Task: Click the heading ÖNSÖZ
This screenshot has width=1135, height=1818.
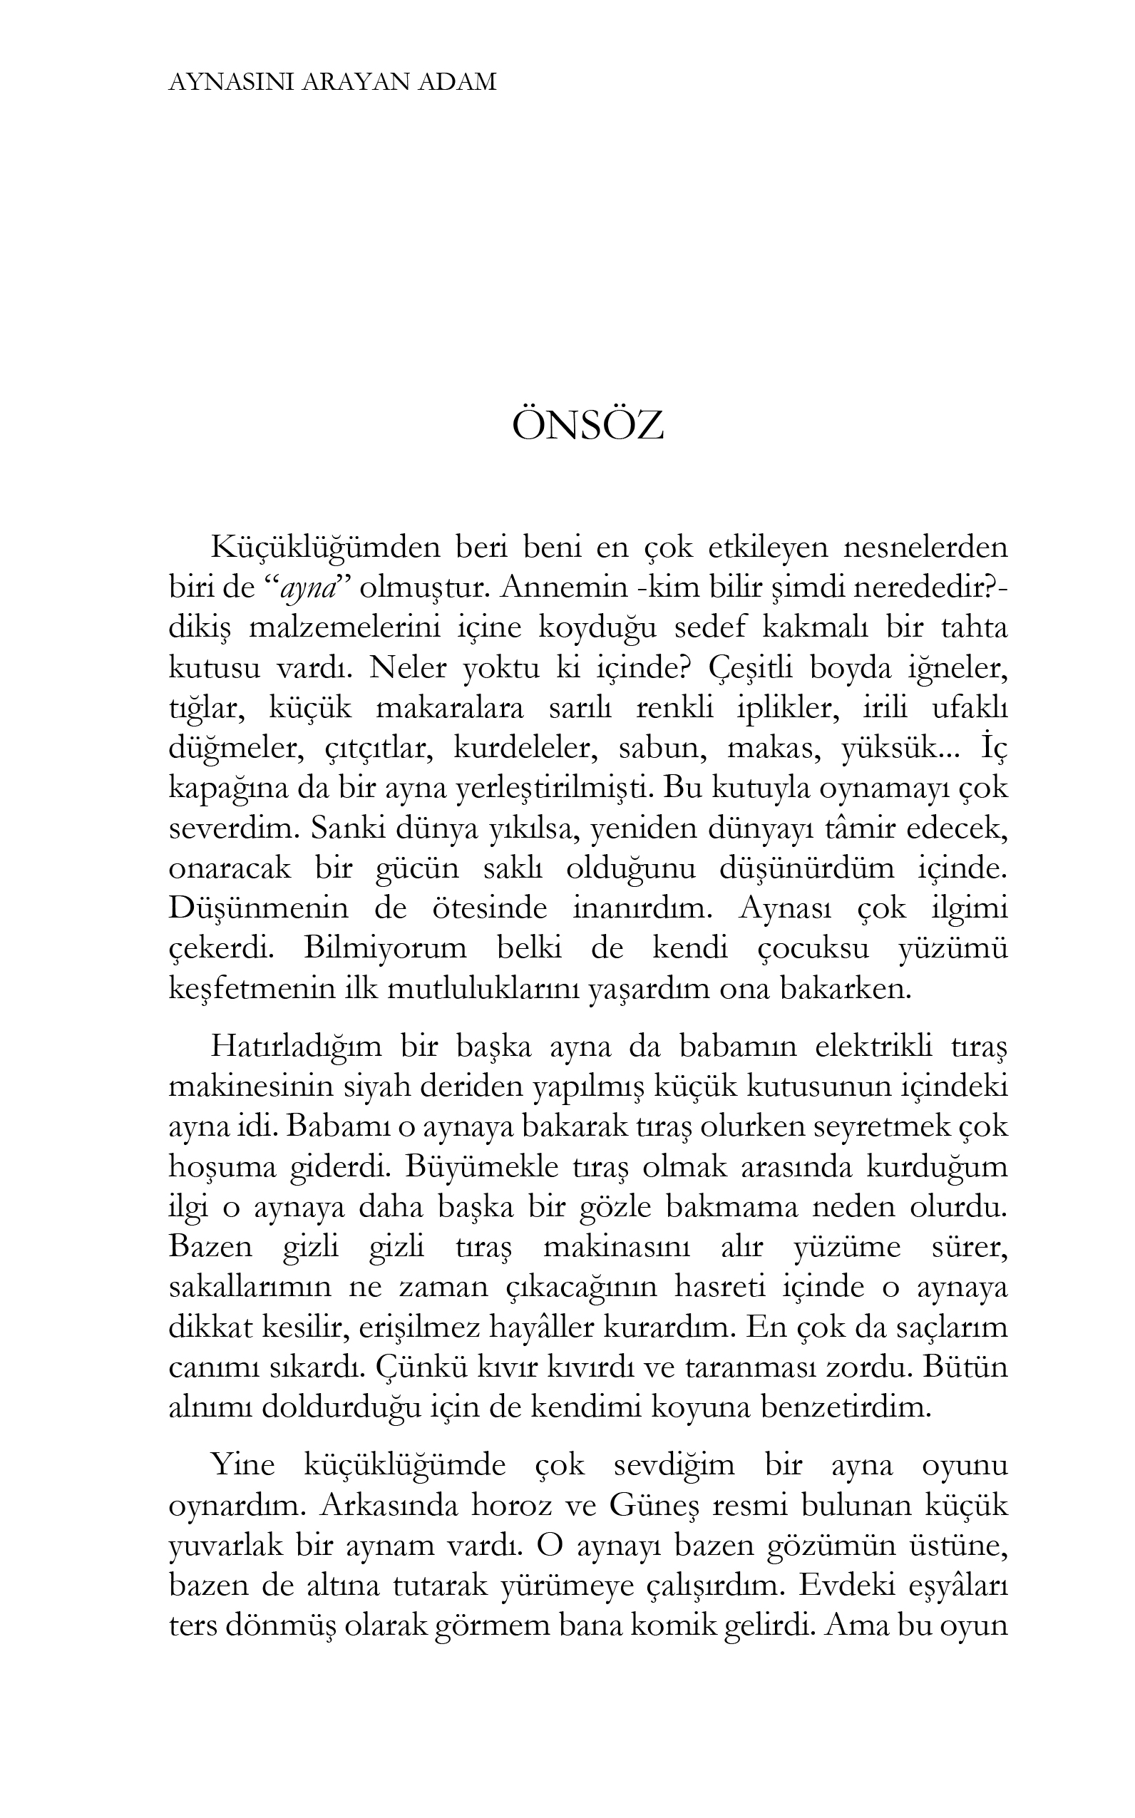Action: (x=587, y=426)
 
